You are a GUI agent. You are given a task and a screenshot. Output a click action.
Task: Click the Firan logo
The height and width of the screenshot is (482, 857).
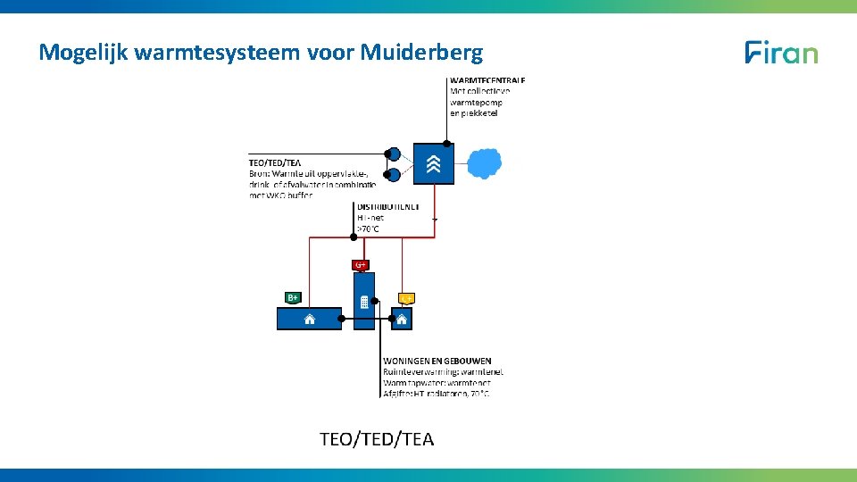pyautogui.click(x=781, y=53)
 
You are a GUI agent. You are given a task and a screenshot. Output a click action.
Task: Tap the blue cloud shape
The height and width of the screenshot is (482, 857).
pyautogui.click(x=485, y=163)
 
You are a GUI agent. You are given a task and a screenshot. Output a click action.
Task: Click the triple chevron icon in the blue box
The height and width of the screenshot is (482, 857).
pyautogui.click(x=434, y=163)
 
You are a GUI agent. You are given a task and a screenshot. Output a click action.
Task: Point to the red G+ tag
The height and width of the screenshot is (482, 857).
pyautogui.click(x=361, y=264)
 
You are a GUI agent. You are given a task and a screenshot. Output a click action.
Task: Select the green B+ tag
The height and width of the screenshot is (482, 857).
pyautogui.click(x=292, y=297)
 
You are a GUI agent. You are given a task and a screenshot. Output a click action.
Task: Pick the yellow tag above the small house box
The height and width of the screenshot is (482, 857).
pyautogui.click(x=407, y=298)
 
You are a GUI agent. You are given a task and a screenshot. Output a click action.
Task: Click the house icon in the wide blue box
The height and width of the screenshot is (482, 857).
pyautogui.click(x=310, y=319)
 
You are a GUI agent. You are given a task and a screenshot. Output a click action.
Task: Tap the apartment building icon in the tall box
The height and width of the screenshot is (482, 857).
pyautogui.click(x=364, y=303)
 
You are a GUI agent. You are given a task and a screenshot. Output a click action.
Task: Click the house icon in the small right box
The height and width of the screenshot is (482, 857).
pyautogui.click(x=402, y=319)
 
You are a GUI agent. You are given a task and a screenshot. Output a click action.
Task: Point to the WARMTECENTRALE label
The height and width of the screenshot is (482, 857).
pyautogui.click(x=487, y=80)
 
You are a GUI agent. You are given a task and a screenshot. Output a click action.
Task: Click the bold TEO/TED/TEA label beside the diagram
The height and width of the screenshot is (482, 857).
pyautogui.click(x=275, y=162)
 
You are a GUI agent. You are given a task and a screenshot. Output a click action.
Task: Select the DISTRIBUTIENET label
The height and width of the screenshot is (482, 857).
pyautogui.click(x=387, y=206)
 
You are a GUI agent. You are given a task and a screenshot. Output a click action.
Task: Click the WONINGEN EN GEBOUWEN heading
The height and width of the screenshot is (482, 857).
pyautogui.click(x=437, y=361)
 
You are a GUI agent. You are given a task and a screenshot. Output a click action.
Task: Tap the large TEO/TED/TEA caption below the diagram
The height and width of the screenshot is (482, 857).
pyautogui.click(x=377, y=438)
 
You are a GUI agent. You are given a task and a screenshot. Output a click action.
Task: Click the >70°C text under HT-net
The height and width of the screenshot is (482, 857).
pyautogui.click(x=368, y=229)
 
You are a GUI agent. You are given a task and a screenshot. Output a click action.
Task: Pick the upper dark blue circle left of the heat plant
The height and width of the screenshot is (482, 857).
pyautogui.click(x=394, y=154)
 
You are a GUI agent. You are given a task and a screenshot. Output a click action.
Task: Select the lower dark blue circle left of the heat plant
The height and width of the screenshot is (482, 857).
pyautogui.click(x=394, y=174)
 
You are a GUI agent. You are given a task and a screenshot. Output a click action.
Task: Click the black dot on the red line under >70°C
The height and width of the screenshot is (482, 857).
pyautogui.click(x=354, y=237)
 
